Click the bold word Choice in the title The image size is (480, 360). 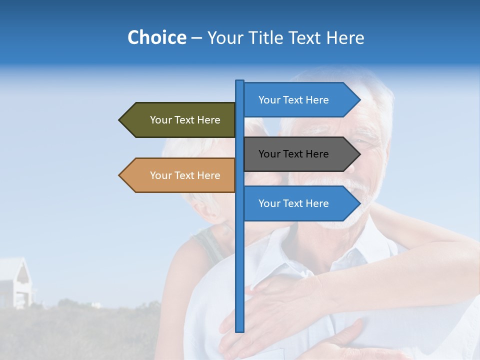pyautogui.click(x=156, y=37)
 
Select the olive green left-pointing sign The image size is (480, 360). pyautogui.click(x=185, y=120)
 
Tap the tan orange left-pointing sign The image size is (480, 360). pyautogui.click(x=185, y=175)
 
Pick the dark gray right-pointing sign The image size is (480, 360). pyautogui.click(x=295, y=154)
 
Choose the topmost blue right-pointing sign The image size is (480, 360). pyautogui.click(x=295, y=100)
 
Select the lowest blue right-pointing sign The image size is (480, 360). pyautogui.click(x=295, y=203)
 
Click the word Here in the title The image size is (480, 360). pyautogui.click(x=345, y=37)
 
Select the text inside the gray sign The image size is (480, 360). pyautogui.click(x=293, y=154)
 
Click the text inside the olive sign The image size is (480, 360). pyautogui.click(x=185, y=120)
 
